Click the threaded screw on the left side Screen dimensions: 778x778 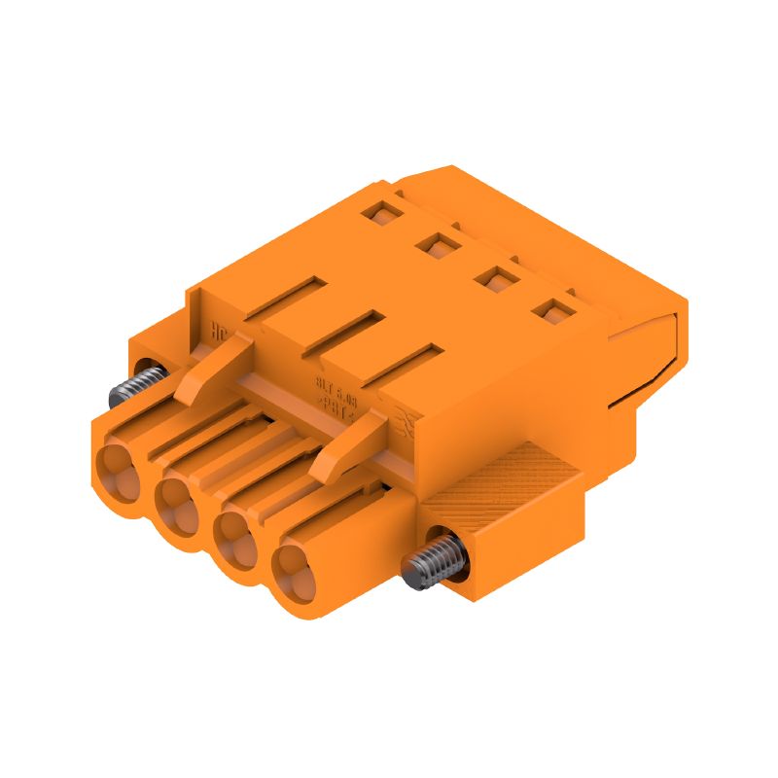[x=130, y=384]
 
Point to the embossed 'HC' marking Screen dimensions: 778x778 [x=220, y=329]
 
